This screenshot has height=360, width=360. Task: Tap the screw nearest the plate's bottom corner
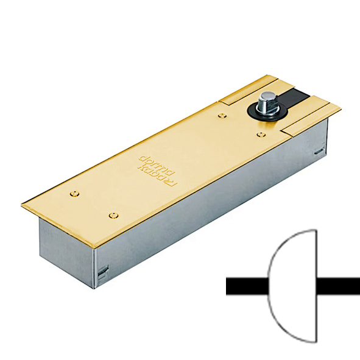tap(113, 214)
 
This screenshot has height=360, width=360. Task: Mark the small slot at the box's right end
tap(317, 151)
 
